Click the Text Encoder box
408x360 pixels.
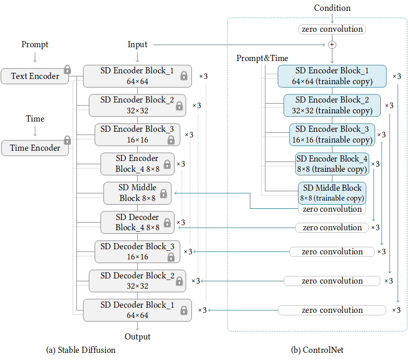tap(35, 76)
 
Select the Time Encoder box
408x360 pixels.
tap(35, 148)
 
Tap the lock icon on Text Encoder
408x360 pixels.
tap(67, 70)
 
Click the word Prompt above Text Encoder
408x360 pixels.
tap(35, 45)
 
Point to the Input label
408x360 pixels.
tap(138, 45)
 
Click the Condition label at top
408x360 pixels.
tap(332, 8)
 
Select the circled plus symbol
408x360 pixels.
tap(332, 45)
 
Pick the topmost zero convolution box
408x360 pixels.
tap(332, 29)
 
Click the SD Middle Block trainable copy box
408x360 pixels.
tap(332, 193)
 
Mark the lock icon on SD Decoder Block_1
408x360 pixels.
tap(184, 310)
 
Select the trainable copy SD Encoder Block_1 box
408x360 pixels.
tap(332, 75)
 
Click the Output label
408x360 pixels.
tap(138, 336)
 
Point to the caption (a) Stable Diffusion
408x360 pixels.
tap(81, 350)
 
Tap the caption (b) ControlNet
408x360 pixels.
tap(317, 350)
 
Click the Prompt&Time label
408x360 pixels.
tap(262, 58)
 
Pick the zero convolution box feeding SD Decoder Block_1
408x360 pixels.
tap(332, 310)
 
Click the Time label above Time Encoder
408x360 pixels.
tap(35, 118)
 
